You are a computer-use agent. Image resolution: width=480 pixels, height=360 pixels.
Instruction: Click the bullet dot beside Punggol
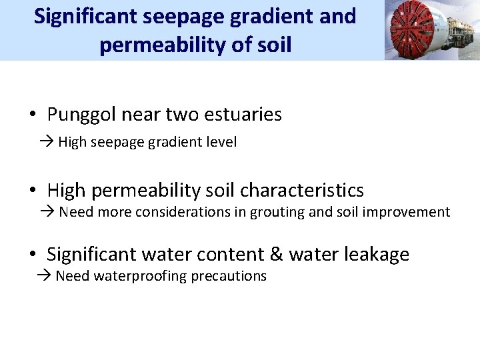33,115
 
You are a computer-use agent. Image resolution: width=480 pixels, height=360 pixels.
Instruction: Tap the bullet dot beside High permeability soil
33,191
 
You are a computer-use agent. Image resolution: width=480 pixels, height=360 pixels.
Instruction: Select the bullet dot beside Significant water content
33,255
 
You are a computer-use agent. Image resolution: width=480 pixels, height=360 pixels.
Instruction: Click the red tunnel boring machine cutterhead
410,30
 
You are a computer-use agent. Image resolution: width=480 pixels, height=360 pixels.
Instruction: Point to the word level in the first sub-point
223,142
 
